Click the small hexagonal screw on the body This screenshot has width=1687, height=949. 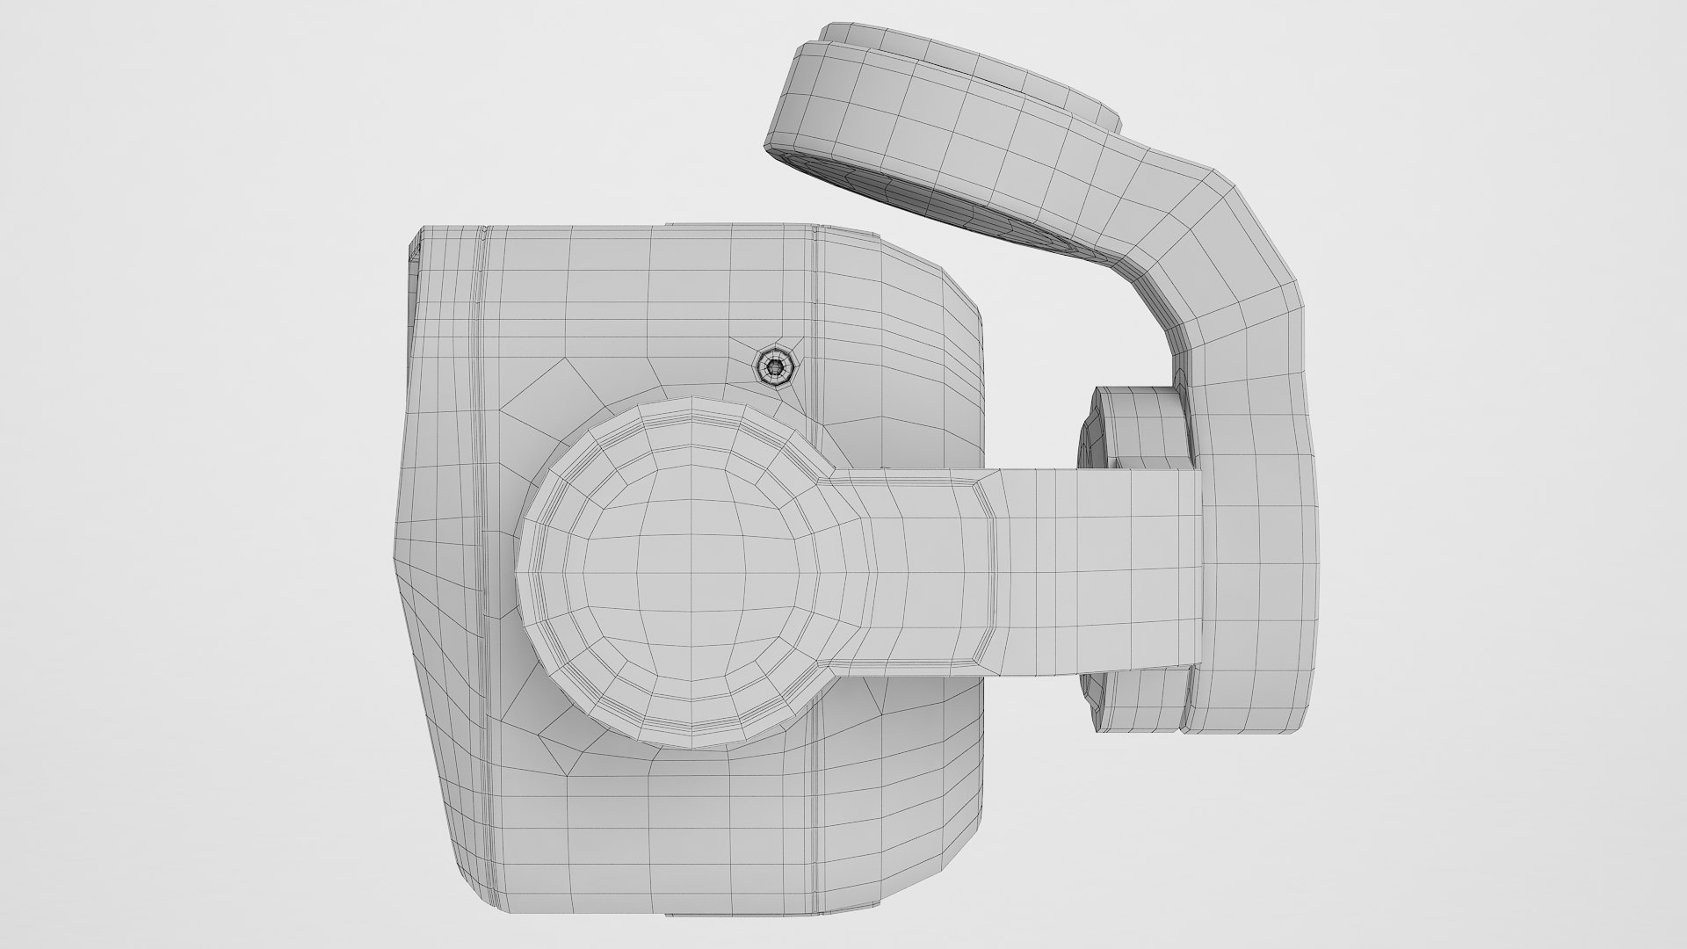(x=774, y=365)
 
